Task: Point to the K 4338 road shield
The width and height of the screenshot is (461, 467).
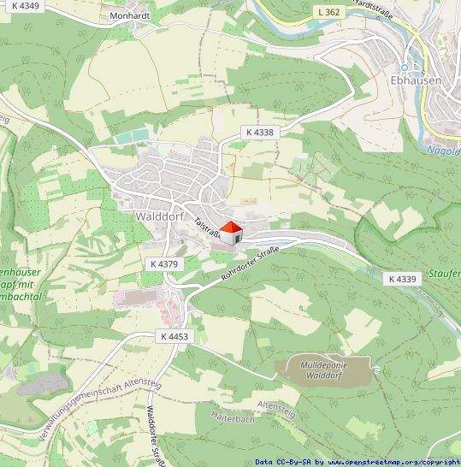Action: [259, 132]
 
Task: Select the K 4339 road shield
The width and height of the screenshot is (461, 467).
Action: [400, 279]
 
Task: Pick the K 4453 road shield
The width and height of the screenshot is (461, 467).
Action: [173, 337]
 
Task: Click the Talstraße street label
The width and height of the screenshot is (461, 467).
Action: [207, 227]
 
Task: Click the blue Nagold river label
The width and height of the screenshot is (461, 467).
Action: [443, 150]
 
